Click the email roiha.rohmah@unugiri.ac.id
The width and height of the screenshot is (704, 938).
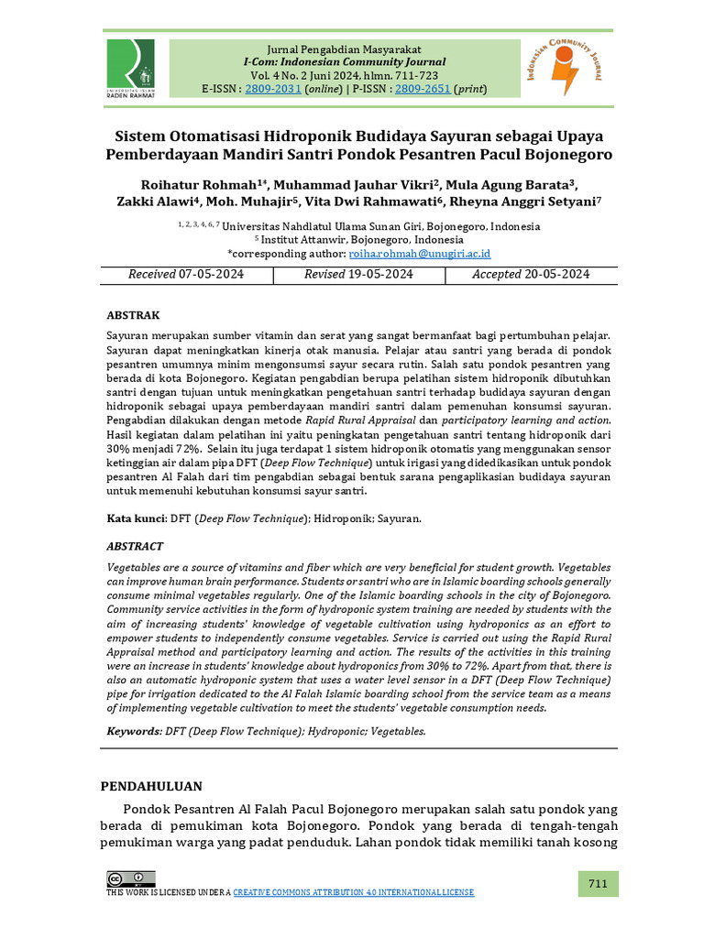(421, 253)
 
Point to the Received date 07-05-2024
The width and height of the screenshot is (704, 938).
(212, 275)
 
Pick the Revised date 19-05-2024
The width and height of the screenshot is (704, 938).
(381, 275)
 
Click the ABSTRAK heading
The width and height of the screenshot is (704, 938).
(134, 314)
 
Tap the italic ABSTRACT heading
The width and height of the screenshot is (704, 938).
(135, 547)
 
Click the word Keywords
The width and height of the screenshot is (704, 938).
(134, 732)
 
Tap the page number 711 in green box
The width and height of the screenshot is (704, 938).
(598, 884)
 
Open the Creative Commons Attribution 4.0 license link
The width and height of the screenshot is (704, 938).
(354, 893)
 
